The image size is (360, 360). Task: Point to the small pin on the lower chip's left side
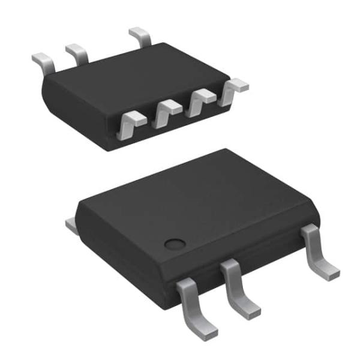71,224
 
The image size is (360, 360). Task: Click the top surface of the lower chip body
192,198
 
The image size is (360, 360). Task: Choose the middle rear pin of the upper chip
77,53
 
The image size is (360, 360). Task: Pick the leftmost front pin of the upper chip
129,124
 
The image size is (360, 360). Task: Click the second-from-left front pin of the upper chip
165,113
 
